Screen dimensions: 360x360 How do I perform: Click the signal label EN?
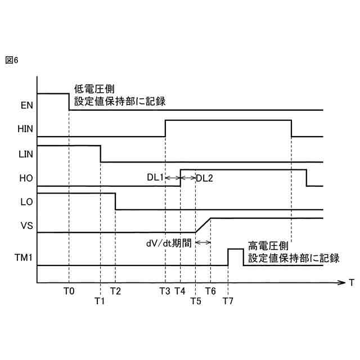coord(26,105)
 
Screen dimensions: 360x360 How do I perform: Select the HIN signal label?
coord(25,129)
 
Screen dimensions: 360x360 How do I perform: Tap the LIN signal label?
coord(25,153)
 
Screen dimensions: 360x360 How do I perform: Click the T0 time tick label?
coord(69,291)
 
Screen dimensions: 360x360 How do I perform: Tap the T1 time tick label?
coord(100,301)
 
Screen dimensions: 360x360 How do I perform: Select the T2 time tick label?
coord(115,291)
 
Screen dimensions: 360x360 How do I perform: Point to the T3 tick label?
coord(164,291)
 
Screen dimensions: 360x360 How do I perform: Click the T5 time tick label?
coord(195,301)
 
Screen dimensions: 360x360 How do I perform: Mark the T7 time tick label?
coord(228,301)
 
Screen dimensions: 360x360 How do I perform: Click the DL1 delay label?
coord(155,178)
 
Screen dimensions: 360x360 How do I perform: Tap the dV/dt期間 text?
coord(168,244)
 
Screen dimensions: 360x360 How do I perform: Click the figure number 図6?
coord(12,60)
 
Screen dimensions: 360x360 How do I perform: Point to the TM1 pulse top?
coord(235,249)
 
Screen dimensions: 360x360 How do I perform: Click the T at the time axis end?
coord(350,282)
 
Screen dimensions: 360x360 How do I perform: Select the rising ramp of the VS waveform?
coord(202,225)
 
